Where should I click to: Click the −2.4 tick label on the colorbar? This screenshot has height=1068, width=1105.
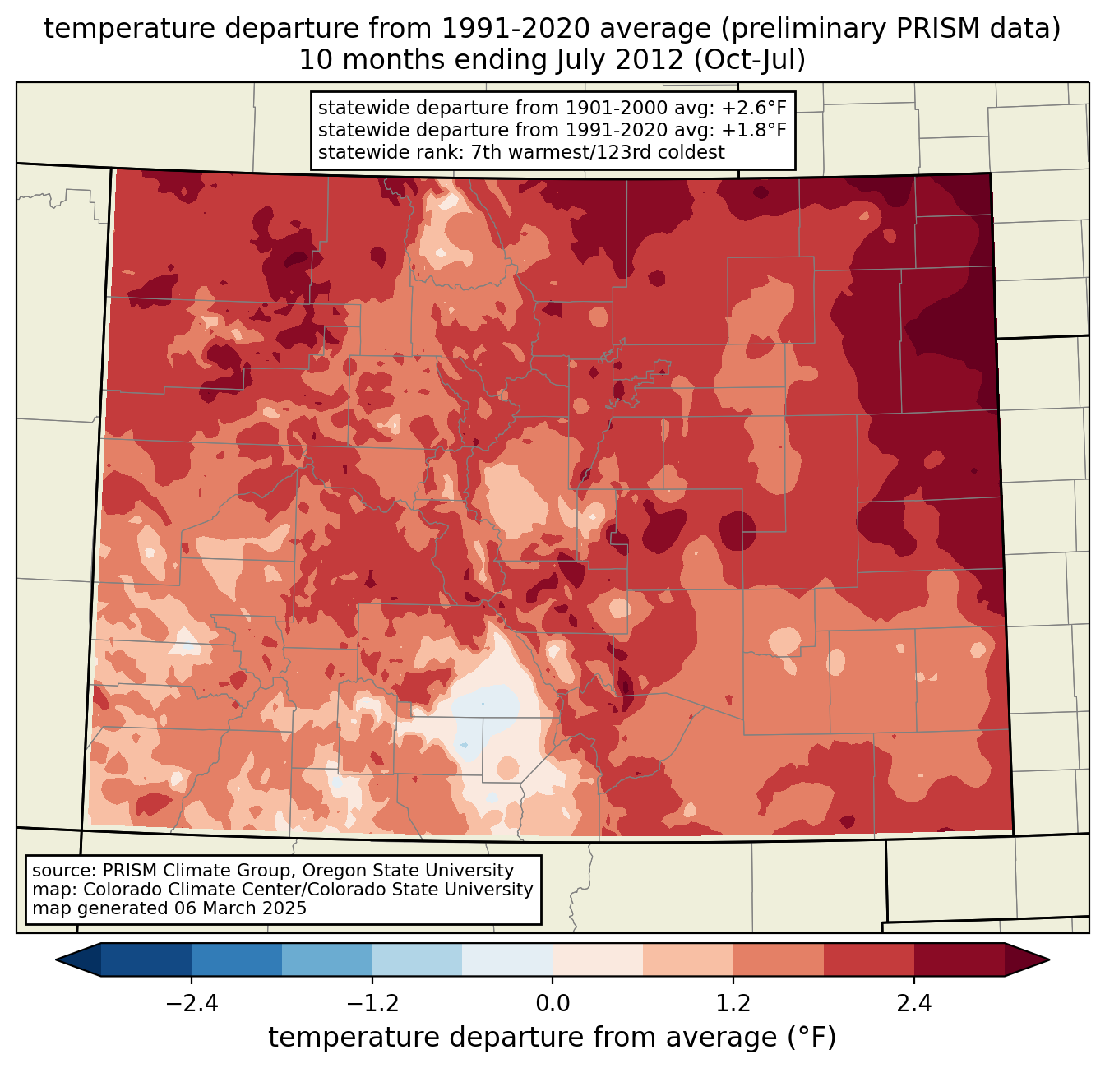(x=192, y=1003)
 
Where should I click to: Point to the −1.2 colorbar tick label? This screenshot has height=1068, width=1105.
(x=372, y=1003)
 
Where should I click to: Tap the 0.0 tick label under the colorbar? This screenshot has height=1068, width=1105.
(x=552, y=1003)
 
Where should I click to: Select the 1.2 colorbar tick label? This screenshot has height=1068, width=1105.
(x=733, y=1003)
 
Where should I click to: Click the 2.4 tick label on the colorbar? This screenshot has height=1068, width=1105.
(x=913, y=1003)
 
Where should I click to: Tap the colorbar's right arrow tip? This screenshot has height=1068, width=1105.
(x=1048, y=959)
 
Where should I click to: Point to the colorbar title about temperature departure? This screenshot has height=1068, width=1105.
(x=552, y=1038)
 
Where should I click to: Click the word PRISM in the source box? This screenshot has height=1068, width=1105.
(x=127, y=871)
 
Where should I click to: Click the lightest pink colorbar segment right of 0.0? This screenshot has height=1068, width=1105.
(x=598, y=959)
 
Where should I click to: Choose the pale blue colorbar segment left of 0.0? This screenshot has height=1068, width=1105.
(x=507, y=959)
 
